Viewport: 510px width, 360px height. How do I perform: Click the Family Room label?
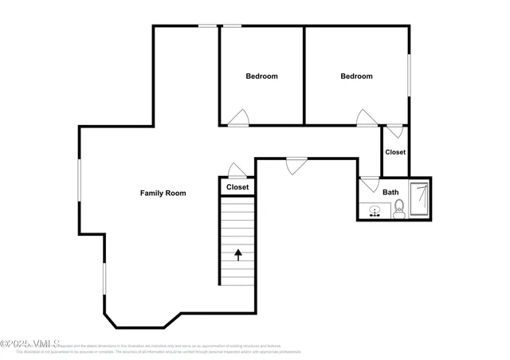click(163, 193)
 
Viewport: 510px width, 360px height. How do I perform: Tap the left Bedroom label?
click(261, 76)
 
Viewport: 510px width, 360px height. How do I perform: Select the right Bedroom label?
click(356, 76)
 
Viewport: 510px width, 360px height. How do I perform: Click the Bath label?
click(390, 192)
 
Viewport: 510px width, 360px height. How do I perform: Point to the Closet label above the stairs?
click(237, 187)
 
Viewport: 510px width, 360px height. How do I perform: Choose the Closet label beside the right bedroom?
click(395, 151)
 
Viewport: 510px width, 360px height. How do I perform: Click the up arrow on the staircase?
click(237, 255)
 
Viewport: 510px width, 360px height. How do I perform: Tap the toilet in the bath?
click(399, 209)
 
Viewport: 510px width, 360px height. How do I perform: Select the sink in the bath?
click(375, 212)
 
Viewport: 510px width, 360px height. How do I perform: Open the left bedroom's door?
click(238, 119)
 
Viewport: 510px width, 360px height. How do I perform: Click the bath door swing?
click(370, 183)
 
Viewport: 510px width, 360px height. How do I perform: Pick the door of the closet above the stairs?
click(237, 170)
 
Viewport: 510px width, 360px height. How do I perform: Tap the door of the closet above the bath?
click(395, 130)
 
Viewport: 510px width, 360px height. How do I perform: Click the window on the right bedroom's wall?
click(410, 76)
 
